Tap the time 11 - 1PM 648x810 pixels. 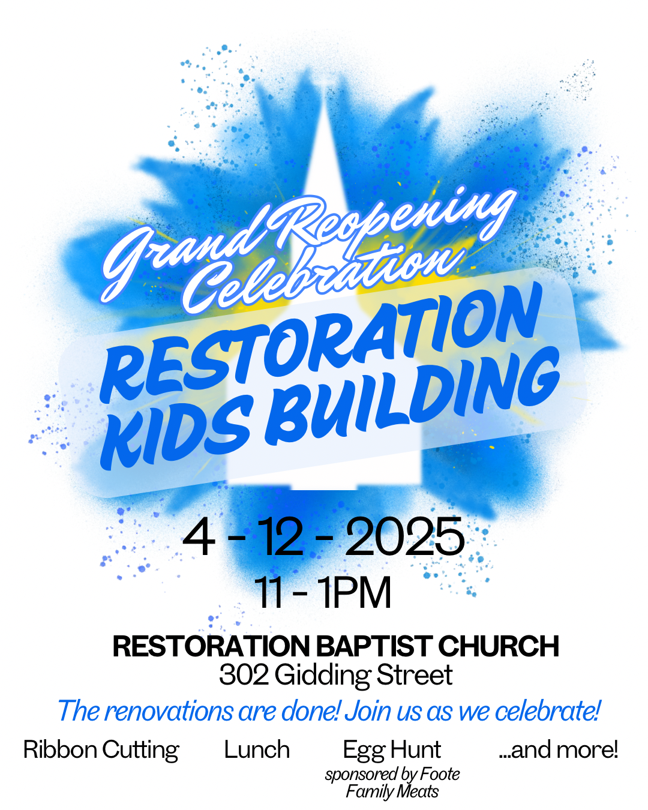(323, 593)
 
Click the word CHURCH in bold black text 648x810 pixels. (498, 646)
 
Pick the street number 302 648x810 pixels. (244, 675)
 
